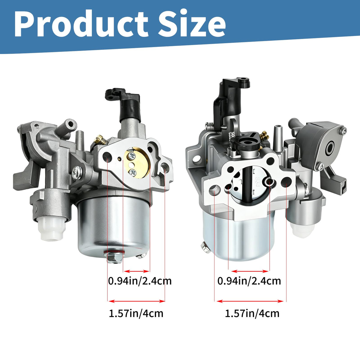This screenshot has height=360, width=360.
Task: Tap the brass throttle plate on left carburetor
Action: click(x=136, y=162)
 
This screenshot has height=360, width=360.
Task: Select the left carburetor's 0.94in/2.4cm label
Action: click(x=140, y=281)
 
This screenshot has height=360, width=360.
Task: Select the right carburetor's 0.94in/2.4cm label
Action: click(x=249, y=281)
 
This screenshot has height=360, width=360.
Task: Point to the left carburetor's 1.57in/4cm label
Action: click(x=136, y=314)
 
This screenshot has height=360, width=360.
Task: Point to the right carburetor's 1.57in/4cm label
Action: click(x=252, y=314)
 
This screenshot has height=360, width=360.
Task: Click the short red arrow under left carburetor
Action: click(x=136, y=271)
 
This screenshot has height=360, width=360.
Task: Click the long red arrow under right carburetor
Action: click(x=250, y=301)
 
